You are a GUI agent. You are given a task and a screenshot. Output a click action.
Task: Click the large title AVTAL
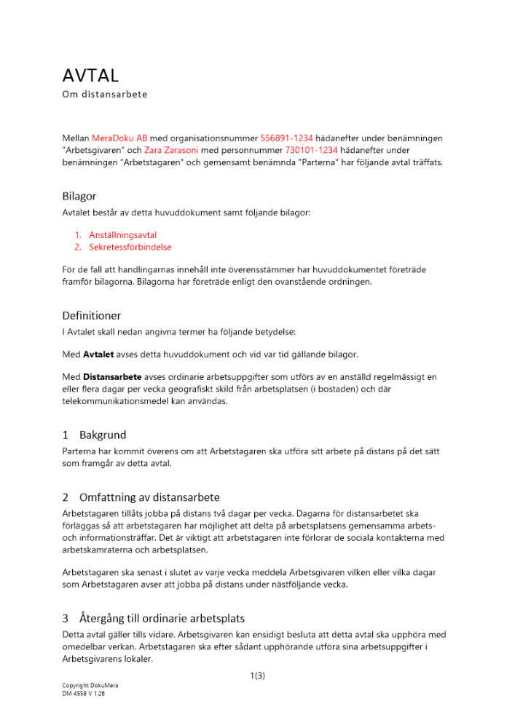(90, 75)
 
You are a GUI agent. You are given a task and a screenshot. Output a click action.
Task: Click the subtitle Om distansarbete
(104, 95)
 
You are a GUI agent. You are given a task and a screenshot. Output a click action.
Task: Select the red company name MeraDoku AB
(119, 138)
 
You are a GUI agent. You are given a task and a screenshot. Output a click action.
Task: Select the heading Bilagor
(79, 196)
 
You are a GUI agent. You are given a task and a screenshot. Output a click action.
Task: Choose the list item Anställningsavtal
(125, 235)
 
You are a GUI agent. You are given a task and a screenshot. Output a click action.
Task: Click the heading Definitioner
(92, 316)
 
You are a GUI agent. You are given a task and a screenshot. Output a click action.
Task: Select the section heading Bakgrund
(103, 435)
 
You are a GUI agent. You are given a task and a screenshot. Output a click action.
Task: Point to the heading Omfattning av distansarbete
(149, 497)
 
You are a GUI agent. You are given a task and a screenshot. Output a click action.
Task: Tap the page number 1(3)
(257, 676)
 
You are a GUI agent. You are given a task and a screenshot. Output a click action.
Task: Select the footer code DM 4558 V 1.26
(84, 695)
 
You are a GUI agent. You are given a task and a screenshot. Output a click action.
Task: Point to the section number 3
(66, 618)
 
